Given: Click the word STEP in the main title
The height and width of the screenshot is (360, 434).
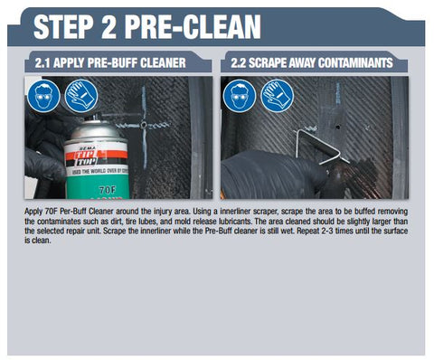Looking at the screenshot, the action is tap(63, 26).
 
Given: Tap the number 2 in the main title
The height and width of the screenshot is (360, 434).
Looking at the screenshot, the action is tap(108, 26).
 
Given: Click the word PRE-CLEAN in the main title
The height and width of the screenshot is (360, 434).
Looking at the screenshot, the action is tap(193, 26).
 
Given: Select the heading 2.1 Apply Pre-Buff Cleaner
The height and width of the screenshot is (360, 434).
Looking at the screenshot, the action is tap(110, 62).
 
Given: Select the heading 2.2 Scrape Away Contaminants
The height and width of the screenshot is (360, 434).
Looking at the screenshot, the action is tap(312, 62).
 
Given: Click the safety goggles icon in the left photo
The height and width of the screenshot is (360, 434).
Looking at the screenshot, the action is tap(43, 96).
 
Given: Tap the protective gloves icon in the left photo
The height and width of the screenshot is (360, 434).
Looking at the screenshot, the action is tap(81, 96).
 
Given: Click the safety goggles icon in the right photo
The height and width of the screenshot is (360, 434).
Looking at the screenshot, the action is tap(240, 96).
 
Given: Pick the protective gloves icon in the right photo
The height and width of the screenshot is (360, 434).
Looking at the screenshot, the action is tap(278, 96).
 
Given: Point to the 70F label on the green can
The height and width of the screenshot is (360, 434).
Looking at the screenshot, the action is tap(108, 190).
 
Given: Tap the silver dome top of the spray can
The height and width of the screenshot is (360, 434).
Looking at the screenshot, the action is tap(94, 130).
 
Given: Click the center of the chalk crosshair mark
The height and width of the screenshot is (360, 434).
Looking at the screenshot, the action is tap(144, 125).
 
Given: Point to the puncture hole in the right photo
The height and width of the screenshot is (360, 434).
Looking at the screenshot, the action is tap(338, 127).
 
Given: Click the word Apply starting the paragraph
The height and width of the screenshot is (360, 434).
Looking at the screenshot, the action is tap(33, 212).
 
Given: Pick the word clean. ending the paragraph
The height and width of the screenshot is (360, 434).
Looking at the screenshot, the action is tap(41, 241).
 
